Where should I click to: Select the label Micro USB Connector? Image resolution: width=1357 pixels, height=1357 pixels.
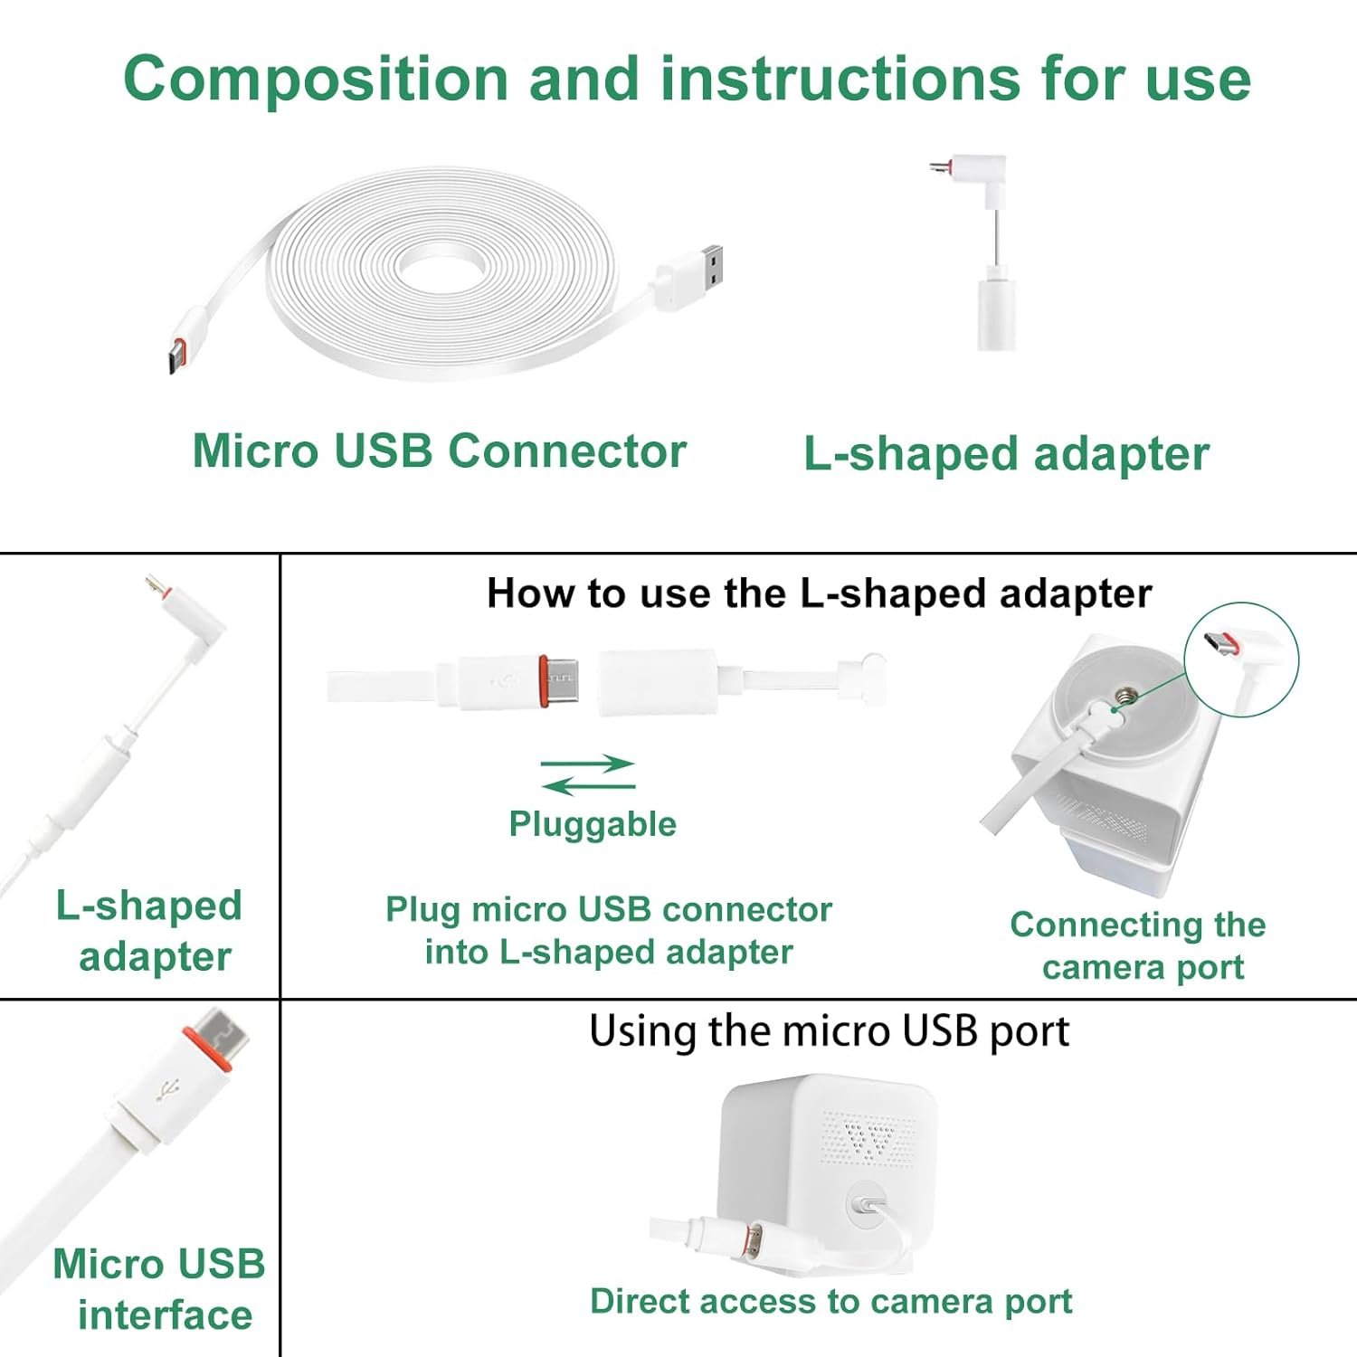tap(440, 451)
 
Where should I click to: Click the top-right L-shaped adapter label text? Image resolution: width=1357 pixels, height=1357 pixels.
tap(1006, 454)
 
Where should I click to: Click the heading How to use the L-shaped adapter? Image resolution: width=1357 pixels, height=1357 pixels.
tap(820, 594)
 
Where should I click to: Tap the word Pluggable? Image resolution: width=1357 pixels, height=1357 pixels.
tap(593, 824)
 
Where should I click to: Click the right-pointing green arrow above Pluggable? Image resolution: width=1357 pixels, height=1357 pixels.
tap(588, 764)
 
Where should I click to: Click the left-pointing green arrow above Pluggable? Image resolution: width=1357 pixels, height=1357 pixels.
tap(588, 785)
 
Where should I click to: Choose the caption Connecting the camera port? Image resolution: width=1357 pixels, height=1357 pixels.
tap(1138, 945)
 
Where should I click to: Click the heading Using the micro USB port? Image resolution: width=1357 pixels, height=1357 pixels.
tap(829, 1031)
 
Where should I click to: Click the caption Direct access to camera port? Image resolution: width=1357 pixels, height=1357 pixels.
tap(830, 1301)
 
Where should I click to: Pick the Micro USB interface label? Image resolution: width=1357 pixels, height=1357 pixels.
tap(159, 1289)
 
